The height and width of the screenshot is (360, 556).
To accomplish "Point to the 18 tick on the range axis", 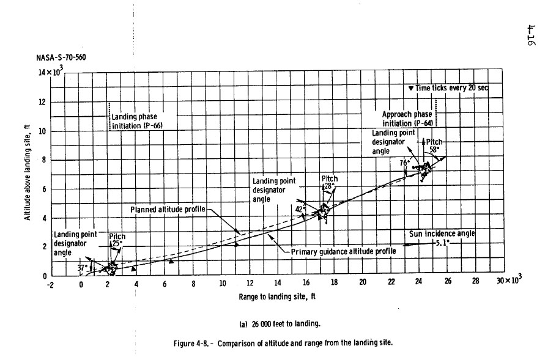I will [334, 283].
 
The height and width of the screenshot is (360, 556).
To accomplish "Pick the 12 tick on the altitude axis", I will [42, 102].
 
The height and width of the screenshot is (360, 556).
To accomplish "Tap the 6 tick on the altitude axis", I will [43, 189].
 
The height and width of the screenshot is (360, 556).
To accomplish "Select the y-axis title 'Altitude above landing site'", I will [28, 174].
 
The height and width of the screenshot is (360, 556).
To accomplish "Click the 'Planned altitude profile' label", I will [168, 210].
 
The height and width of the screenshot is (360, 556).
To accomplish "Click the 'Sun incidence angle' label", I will [442, 233].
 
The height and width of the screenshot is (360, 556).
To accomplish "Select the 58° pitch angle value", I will [434, 149].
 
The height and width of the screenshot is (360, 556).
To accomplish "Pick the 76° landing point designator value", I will [404, 163].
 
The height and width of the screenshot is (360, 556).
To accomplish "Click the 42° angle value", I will [300, 208].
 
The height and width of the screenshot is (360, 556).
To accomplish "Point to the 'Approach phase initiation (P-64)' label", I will [406, 119].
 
